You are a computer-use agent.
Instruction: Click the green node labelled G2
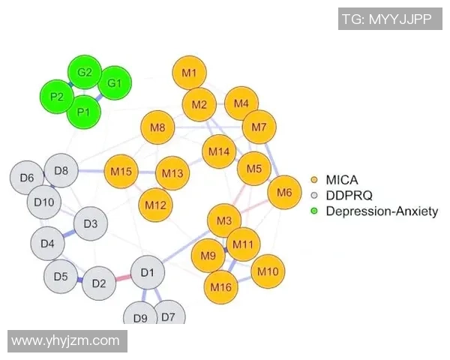pos(85,73)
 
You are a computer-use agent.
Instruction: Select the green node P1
pos(83,112)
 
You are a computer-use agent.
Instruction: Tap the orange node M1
pos(189,73)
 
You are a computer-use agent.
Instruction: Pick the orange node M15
pos(121,172)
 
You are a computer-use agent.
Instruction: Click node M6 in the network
pos(284,193)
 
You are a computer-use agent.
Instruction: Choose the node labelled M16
pos(220,286)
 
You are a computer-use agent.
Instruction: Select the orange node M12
pos(155,204)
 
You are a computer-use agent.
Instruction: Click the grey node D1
pos(147,272)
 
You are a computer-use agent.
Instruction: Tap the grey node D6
pos(27,178)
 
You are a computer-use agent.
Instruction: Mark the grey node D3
pos(91,223)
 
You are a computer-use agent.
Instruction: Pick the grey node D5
pos(61,277)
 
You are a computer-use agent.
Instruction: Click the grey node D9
pos(140,316)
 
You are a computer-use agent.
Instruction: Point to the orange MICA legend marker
pos(315,180)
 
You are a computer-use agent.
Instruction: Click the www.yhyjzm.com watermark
pos(66,340)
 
